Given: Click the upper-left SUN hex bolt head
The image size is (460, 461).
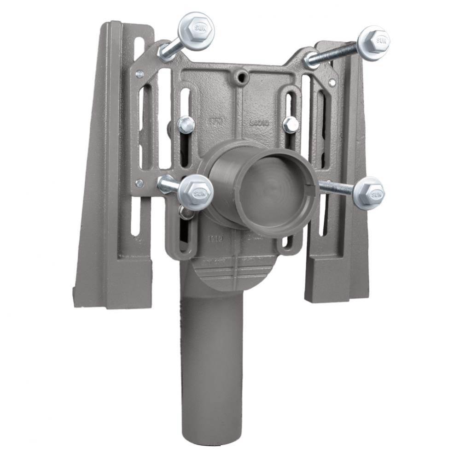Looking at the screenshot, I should [195, 29].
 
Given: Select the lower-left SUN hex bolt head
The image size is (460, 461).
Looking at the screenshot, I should [195, 193].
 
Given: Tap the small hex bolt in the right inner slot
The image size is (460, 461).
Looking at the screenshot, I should [291, 124].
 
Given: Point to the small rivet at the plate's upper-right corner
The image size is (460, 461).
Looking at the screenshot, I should [332, 82].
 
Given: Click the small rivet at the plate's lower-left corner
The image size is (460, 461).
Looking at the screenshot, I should [140, 183].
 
